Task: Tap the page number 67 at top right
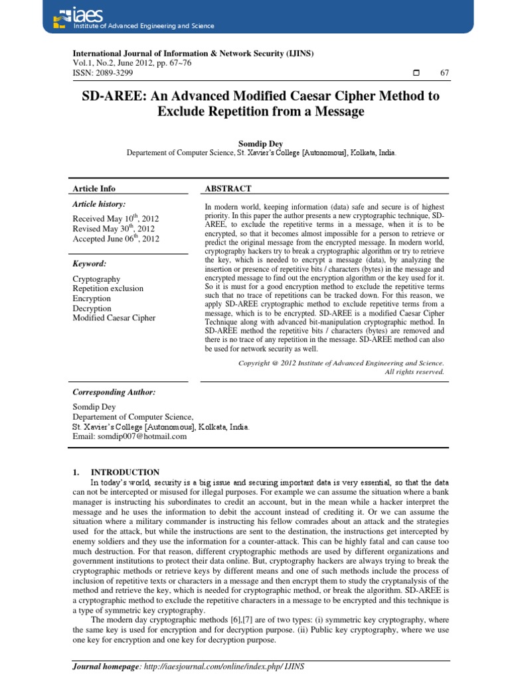point(444,72)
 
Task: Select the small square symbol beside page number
point(416,72)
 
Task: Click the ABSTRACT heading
point(228,189)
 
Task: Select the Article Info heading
point(94,189)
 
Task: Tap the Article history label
point(99,205)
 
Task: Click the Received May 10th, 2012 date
point(116,218)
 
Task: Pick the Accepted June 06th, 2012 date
point(116,239)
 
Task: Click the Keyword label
point(90,264)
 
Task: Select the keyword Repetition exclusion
point(108,289)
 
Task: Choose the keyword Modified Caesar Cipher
point(114,318)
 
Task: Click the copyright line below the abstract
point(341,363)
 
